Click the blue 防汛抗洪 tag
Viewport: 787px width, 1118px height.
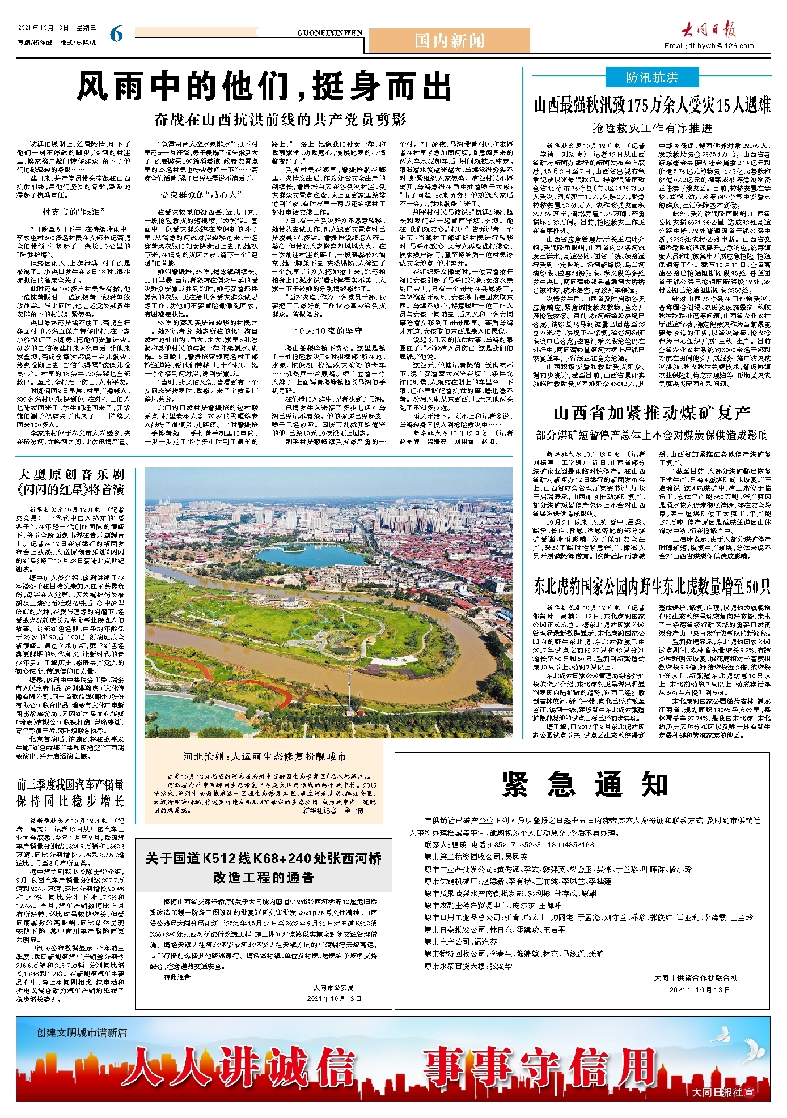coord(651,78)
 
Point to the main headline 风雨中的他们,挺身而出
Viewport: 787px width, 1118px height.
coord(264,88)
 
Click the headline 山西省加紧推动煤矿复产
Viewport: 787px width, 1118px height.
coord(651,413)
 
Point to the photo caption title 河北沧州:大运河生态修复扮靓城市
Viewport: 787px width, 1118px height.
coord(264,756)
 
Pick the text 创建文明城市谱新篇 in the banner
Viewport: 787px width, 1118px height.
coord(82,1032)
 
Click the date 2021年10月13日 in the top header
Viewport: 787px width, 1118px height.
coord(43,28)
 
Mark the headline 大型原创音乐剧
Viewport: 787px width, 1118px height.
coord(71,474)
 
